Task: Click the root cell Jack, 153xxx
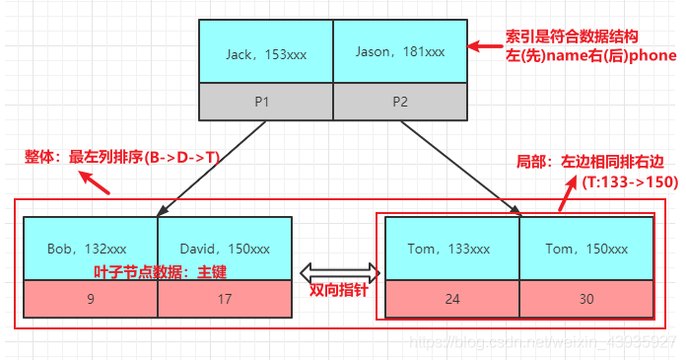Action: click(x=266, y=53)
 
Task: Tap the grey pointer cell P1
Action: click(x=266, y=102)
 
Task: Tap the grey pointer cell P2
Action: click(x=399, y=102)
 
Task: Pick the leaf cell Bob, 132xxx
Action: click(x=90, y=249)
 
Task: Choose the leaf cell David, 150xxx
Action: click(x=225, y=249)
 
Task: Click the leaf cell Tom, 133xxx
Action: click(x=452, y=249)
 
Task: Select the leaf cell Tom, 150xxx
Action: click(x=586, y=249)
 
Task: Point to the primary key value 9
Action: click(x=90, y=299)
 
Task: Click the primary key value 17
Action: click(x=225, y=299)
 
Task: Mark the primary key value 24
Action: click(x=452, y=299)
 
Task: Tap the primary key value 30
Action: click(x=586, y=299)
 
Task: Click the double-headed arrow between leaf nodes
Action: click(x=339, y=269)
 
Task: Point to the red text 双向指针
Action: click(x=338, y=292)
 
